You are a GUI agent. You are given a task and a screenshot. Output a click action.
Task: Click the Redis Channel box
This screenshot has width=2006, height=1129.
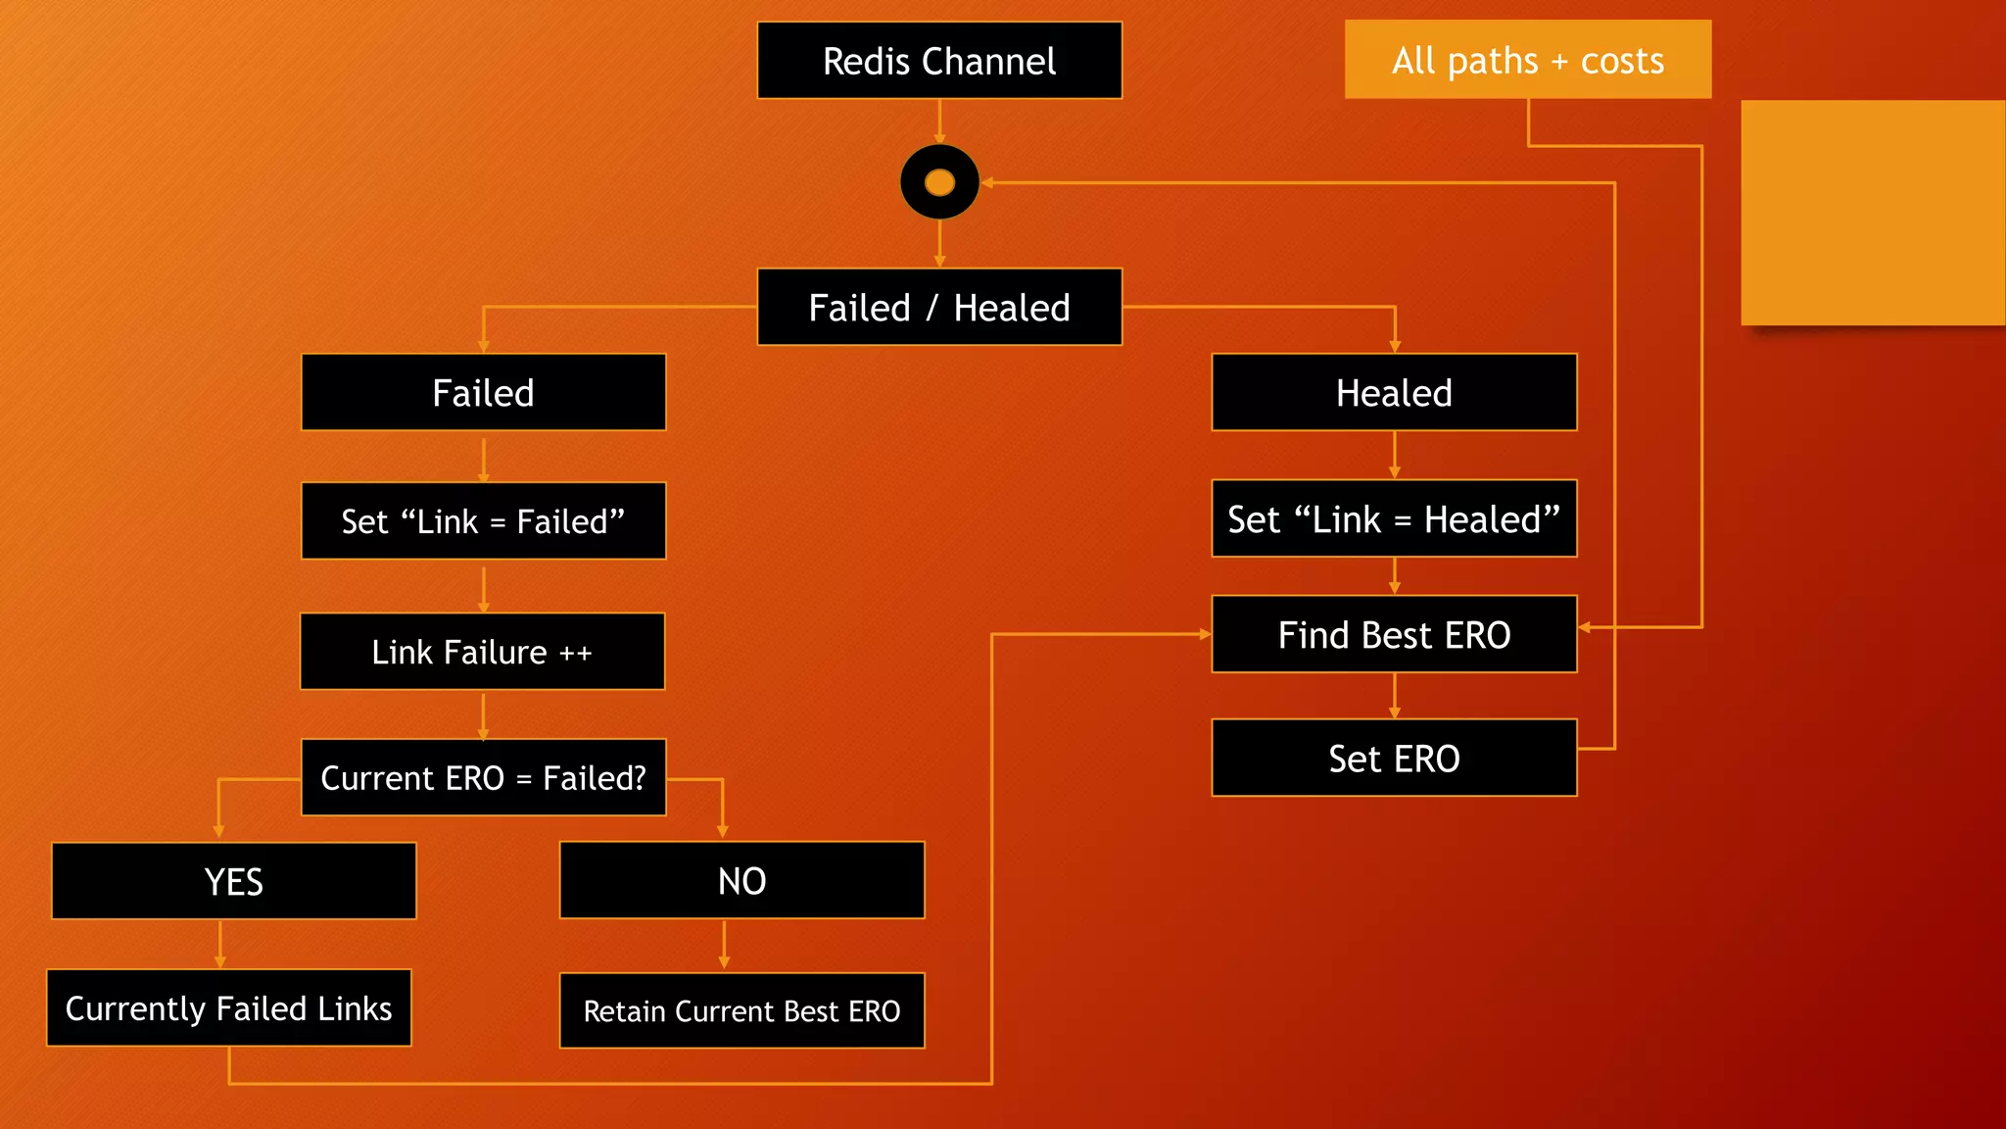click(939, 61)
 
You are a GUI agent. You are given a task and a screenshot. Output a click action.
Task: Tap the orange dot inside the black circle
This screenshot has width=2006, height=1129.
click(939, 182)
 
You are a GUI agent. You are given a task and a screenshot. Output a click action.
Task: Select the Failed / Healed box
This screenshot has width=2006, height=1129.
click(939, 307)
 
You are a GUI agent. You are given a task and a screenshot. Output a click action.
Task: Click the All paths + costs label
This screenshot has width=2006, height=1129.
click(1527, 60)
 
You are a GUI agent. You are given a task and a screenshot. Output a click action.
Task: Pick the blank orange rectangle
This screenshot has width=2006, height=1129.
click(1873, 213)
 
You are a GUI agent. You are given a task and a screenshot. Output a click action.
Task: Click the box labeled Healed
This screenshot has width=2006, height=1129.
click(1394, 392)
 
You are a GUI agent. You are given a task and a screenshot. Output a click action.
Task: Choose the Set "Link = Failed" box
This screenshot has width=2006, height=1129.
click(483, 520)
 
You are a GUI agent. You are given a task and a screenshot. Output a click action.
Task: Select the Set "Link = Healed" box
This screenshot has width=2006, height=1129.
click(1394, 518)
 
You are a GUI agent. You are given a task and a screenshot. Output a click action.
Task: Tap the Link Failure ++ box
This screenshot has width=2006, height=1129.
click(482, 652)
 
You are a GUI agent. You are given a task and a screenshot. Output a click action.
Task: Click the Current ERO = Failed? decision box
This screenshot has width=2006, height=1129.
click(483, 777)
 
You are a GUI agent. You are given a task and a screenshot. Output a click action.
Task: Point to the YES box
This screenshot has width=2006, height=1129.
click(233, 881)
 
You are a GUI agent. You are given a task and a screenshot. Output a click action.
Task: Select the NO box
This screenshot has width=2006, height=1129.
click(741, 880)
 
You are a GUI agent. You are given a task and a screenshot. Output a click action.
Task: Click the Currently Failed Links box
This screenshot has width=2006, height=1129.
click(228, 1007)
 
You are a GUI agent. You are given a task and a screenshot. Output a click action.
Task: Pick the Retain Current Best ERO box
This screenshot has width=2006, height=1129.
click(741, 1010)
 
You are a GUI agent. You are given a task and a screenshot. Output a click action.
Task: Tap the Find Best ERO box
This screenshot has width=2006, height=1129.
click(1394, 634)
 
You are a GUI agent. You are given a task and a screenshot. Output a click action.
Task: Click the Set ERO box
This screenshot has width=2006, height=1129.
click(1394, 758)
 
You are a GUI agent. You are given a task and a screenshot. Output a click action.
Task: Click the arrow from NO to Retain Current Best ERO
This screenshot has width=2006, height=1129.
click(724, 945)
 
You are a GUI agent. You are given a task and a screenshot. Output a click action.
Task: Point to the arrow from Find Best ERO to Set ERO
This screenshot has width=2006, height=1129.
click(1395, 696)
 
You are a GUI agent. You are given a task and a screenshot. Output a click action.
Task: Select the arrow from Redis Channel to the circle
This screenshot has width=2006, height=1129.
click(939, 122)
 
